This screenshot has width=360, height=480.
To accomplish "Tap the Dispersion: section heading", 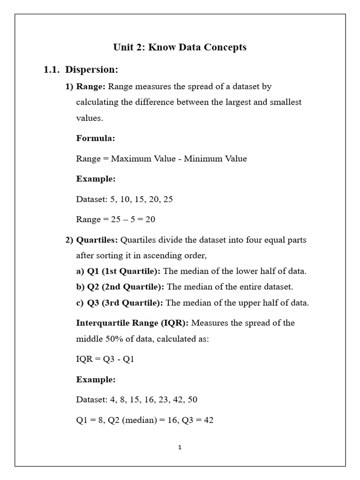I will pyautogui.click(x=91, y=70).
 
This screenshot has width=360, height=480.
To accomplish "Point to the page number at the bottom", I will pyautogui.click(x=180, y=448).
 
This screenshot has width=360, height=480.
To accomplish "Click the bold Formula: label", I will pyautogui.click(x=96, y=138).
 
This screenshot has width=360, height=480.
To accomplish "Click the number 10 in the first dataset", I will pyautogui.click(x=125, y=199).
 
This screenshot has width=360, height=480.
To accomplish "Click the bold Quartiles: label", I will pyautogui.click(x=97, y=240).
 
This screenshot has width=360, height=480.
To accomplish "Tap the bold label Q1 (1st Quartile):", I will pyautogui.click(x=124, y=271).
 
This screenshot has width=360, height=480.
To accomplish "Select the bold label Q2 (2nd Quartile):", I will pyautogui.click(x=126, y=287).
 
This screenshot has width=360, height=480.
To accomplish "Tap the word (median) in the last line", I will pyautogui.click(x=138, y=420).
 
